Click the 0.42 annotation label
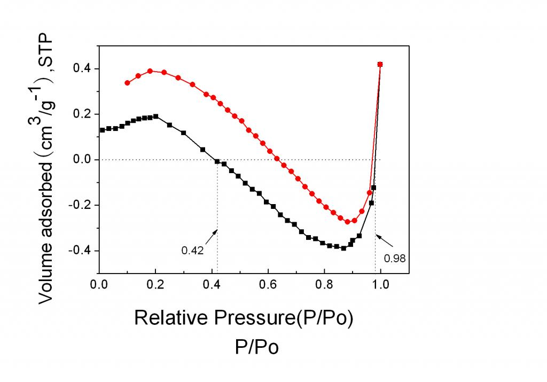193,250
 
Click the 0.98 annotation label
395,258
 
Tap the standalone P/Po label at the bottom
256,347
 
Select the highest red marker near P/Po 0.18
150,71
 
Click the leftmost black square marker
102,130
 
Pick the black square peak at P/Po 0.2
155,116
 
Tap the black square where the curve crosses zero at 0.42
217,161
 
